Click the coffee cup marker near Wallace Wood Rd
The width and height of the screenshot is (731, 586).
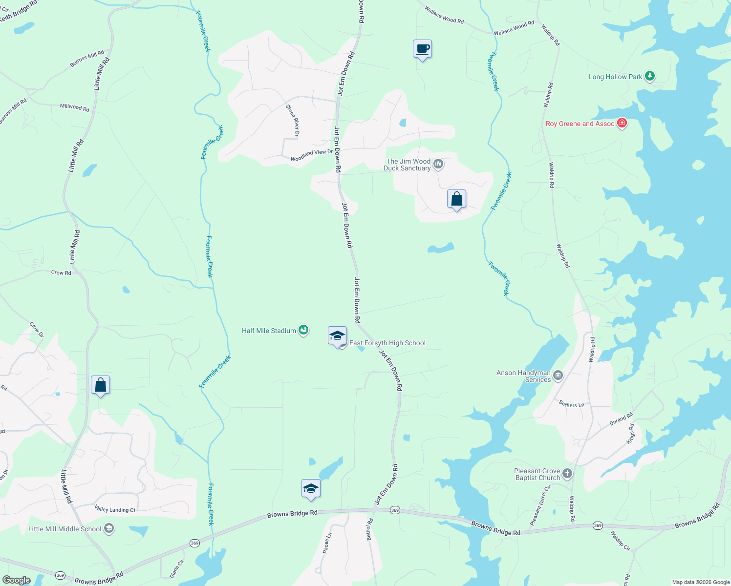423,49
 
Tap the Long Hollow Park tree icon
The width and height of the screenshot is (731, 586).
649,76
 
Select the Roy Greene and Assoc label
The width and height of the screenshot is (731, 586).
580,124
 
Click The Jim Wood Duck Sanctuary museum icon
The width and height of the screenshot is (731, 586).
438,164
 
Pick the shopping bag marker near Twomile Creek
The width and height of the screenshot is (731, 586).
456,199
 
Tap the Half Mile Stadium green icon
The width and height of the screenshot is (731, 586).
303,331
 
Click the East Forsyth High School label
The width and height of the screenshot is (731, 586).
387,343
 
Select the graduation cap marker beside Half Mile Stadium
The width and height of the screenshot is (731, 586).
337,336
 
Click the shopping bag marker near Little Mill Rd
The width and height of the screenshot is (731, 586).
100,385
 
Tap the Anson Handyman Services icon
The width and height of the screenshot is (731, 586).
558,376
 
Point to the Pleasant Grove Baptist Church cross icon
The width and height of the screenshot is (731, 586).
567,473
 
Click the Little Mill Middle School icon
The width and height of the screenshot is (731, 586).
109,529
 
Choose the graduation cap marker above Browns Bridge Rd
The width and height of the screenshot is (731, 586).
311,489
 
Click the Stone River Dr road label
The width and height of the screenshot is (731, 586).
293,120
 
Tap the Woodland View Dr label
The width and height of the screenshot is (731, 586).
311,155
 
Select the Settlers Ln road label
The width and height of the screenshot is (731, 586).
571,404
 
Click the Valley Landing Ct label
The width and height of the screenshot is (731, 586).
115,509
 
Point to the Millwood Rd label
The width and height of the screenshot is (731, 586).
74,107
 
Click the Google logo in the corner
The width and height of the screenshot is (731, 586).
16,580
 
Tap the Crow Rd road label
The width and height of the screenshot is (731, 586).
61,272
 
